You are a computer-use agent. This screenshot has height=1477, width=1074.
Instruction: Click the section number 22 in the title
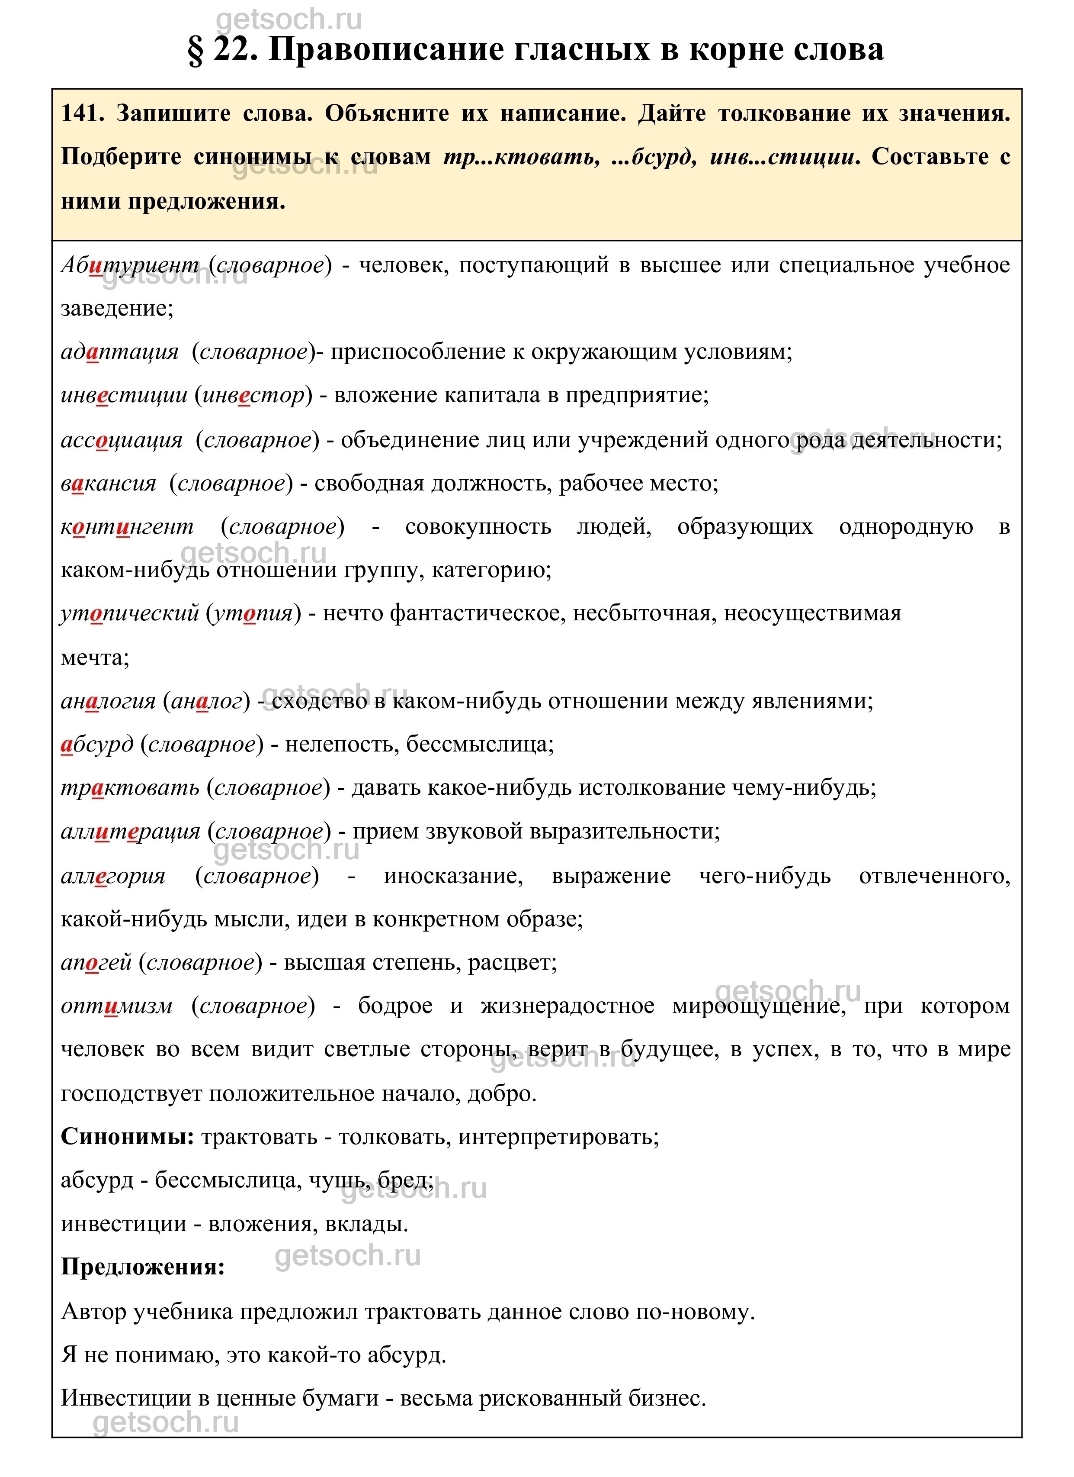point(232,49)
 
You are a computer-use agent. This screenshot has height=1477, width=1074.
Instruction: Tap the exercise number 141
point(82,114)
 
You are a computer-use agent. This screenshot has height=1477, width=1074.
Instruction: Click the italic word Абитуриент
point(130,264)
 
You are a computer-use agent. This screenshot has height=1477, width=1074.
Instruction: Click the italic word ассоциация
point(122,440)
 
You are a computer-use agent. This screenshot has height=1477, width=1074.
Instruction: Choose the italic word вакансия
point(109,483)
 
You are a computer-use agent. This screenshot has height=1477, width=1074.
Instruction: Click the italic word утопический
point(129,613)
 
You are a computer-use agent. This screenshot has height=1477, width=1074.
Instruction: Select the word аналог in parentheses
point(206,701)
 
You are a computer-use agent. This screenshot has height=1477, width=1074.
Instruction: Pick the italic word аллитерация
point(131,832)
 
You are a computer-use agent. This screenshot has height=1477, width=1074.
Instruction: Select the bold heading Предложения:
point(143,1267)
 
